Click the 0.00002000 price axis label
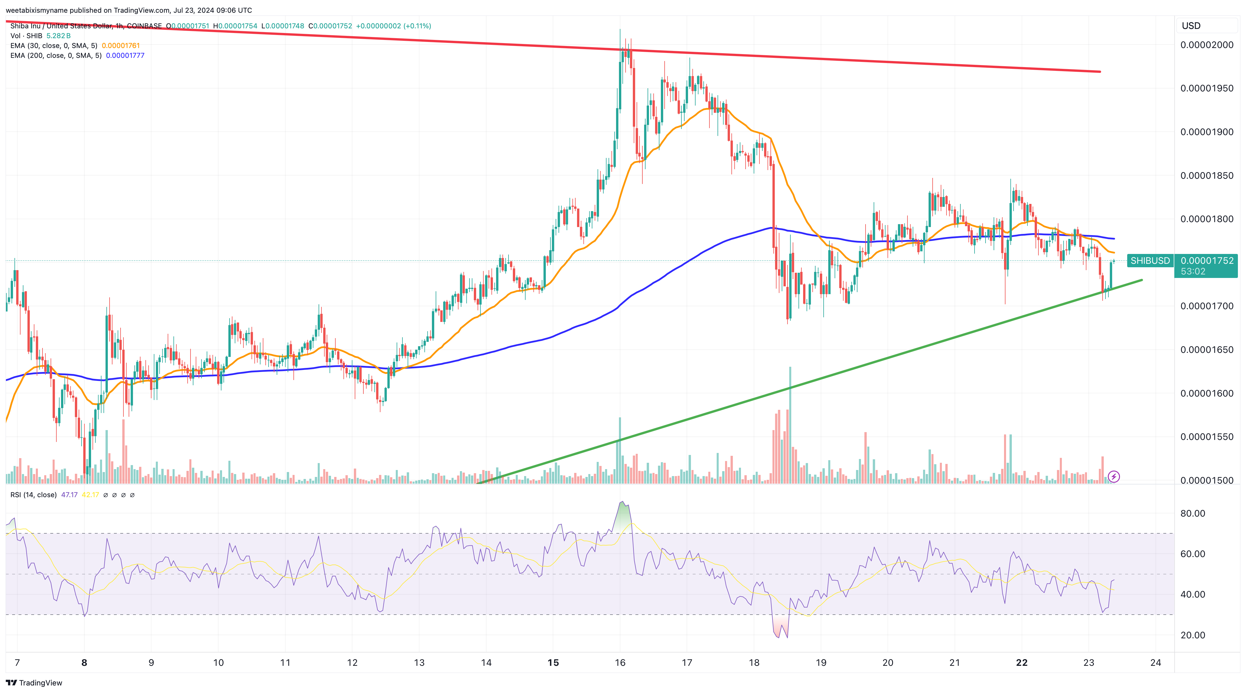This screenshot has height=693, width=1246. click(x=1206, y=45)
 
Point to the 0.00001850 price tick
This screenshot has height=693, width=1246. click(x=1206, y=176)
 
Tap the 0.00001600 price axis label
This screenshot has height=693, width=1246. click(x=1206, y=393)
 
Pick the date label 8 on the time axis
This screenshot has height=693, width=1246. click(x=84, y=663)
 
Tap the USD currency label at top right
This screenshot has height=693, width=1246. click(x=1191, y=26)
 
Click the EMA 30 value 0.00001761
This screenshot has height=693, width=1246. click(x=121, y=45)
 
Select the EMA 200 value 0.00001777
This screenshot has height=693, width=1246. click(x=125, y=56)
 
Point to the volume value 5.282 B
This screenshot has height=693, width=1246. click(x=58, y=36)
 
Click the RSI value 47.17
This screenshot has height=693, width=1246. click(x=69, y=495)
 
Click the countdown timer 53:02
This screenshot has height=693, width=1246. click(x=1193, y=272)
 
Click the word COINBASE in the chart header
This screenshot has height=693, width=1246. click(x=144, y=26)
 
